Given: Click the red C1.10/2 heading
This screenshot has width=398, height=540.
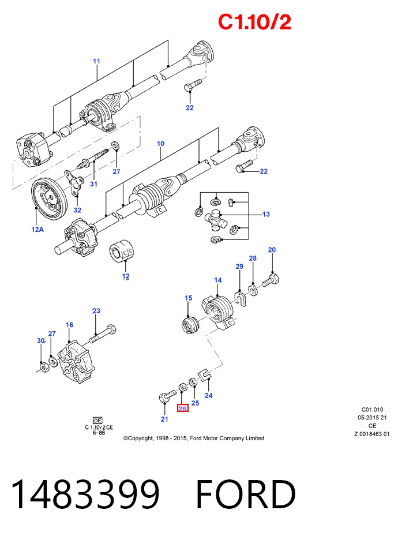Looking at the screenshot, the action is (255, 22).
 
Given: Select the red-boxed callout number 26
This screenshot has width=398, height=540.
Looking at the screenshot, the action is (182, 408).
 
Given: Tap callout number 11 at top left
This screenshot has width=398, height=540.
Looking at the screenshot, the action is (96, 61).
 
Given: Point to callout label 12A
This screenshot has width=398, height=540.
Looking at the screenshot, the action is (37, 230).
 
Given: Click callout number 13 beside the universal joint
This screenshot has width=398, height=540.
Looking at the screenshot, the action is (266, 214).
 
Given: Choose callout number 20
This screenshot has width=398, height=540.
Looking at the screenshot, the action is (272, 250).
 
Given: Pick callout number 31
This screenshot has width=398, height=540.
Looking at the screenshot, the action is (93, 184).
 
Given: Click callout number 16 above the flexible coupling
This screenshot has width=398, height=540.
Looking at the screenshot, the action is (70, 325).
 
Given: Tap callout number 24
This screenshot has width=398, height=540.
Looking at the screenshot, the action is (209, 395).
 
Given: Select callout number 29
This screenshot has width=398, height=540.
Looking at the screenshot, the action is (239, 266).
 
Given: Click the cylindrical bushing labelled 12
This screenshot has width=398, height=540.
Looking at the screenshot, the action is (122, 250).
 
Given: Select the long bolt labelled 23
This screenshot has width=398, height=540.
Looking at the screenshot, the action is (103, 333).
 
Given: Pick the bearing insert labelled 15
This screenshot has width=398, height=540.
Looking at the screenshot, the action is (190, 325).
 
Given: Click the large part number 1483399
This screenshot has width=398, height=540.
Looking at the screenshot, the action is (85, 494).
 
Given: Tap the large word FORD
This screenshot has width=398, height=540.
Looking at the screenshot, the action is (246, 494).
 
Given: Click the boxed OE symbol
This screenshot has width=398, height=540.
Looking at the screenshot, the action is (97, 420).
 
